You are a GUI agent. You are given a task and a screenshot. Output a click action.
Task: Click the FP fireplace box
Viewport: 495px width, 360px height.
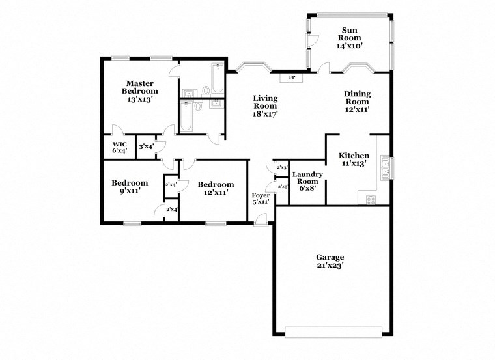(292, 78)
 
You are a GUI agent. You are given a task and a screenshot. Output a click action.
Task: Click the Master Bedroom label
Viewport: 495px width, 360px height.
(139, 91)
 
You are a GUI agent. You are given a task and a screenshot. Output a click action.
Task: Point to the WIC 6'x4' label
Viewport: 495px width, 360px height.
(119, 147)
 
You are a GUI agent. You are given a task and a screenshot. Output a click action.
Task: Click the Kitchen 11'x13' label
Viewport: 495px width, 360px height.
(354, 159)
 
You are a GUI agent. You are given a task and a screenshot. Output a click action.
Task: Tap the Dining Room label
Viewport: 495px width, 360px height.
(357, 102)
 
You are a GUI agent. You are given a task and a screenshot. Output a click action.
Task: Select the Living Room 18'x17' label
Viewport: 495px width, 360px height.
(265, 106)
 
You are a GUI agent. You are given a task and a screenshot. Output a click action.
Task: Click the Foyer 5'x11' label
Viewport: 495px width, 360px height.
(261, 199)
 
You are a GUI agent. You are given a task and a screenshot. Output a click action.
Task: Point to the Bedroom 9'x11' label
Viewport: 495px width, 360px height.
(129, 187)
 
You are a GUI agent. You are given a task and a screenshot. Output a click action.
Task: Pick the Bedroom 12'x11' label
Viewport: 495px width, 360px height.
(216, 188)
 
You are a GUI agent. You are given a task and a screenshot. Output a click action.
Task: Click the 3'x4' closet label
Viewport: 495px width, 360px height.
(146, 146)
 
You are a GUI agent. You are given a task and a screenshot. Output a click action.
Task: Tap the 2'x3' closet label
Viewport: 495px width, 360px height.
(282, 167)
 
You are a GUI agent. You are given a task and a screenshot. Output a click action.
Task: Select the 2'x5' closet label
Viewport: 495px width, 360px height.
(283, 187)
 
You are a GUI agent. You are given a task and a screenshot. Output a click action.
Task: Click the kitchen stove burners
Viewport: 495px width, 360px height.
(371, 200)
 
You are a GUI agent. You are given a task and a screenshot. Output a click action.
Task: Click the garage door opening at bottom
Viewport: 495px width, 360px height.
(334, 335)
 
